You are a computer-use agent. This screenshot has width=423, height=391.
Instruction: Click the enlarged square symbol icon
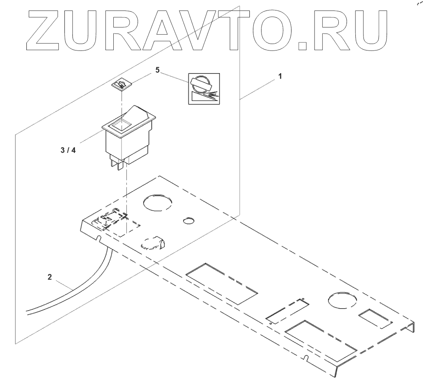(x=204, y=88)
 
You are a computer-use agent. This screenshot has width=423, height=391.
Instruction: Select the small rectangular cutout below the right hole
(x=375, y=318)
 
